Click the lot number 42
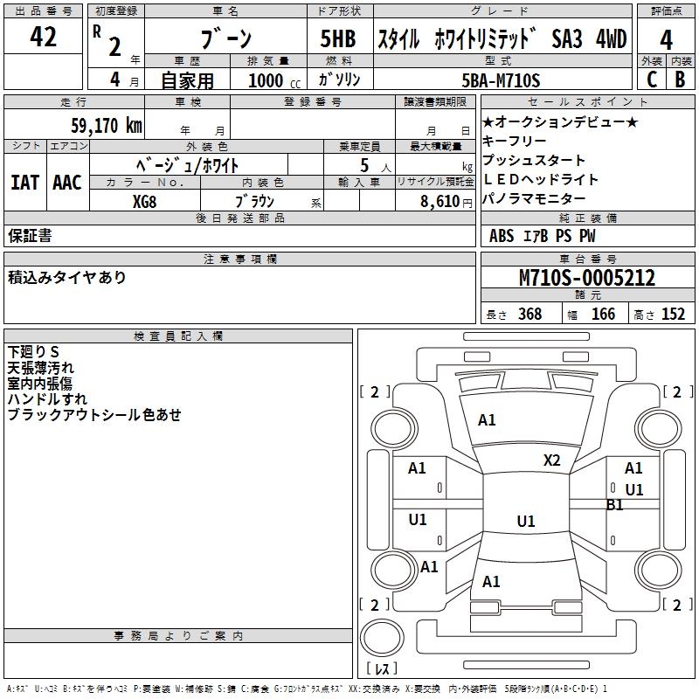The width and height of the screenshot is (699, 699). click(43, 38)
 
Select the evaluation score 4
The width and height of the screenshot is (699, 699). click(666, 39)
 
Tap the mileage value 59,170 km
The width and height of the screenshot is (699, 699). click(106, 125)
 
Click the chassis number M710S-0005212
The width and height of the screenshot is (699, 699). click(586, 278)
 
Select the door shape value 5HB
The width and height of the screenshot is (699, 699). click(338, 39)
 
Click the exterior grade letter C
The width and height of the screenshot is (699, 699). click(650, 80)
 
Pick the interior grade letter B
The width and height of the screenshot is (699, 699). click(680, 80)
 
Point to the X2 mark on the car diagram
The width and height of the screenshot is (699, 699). click(551, 460)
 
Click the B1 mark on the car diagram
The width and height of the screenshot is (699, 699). click(615, 505)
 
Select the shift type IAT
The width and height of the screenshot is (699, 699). click(24, 183)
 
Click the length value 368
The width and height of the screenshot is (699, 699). click(529, 315)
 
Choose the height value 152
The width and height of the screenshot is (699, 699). click(673, 315)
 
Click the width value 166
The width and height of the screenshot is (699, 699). click(603, 315)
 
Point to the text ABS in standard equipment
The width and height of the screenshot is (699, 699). click(502, 236)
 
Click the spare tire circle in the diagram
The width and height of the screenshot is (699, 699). click(381, 640)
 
